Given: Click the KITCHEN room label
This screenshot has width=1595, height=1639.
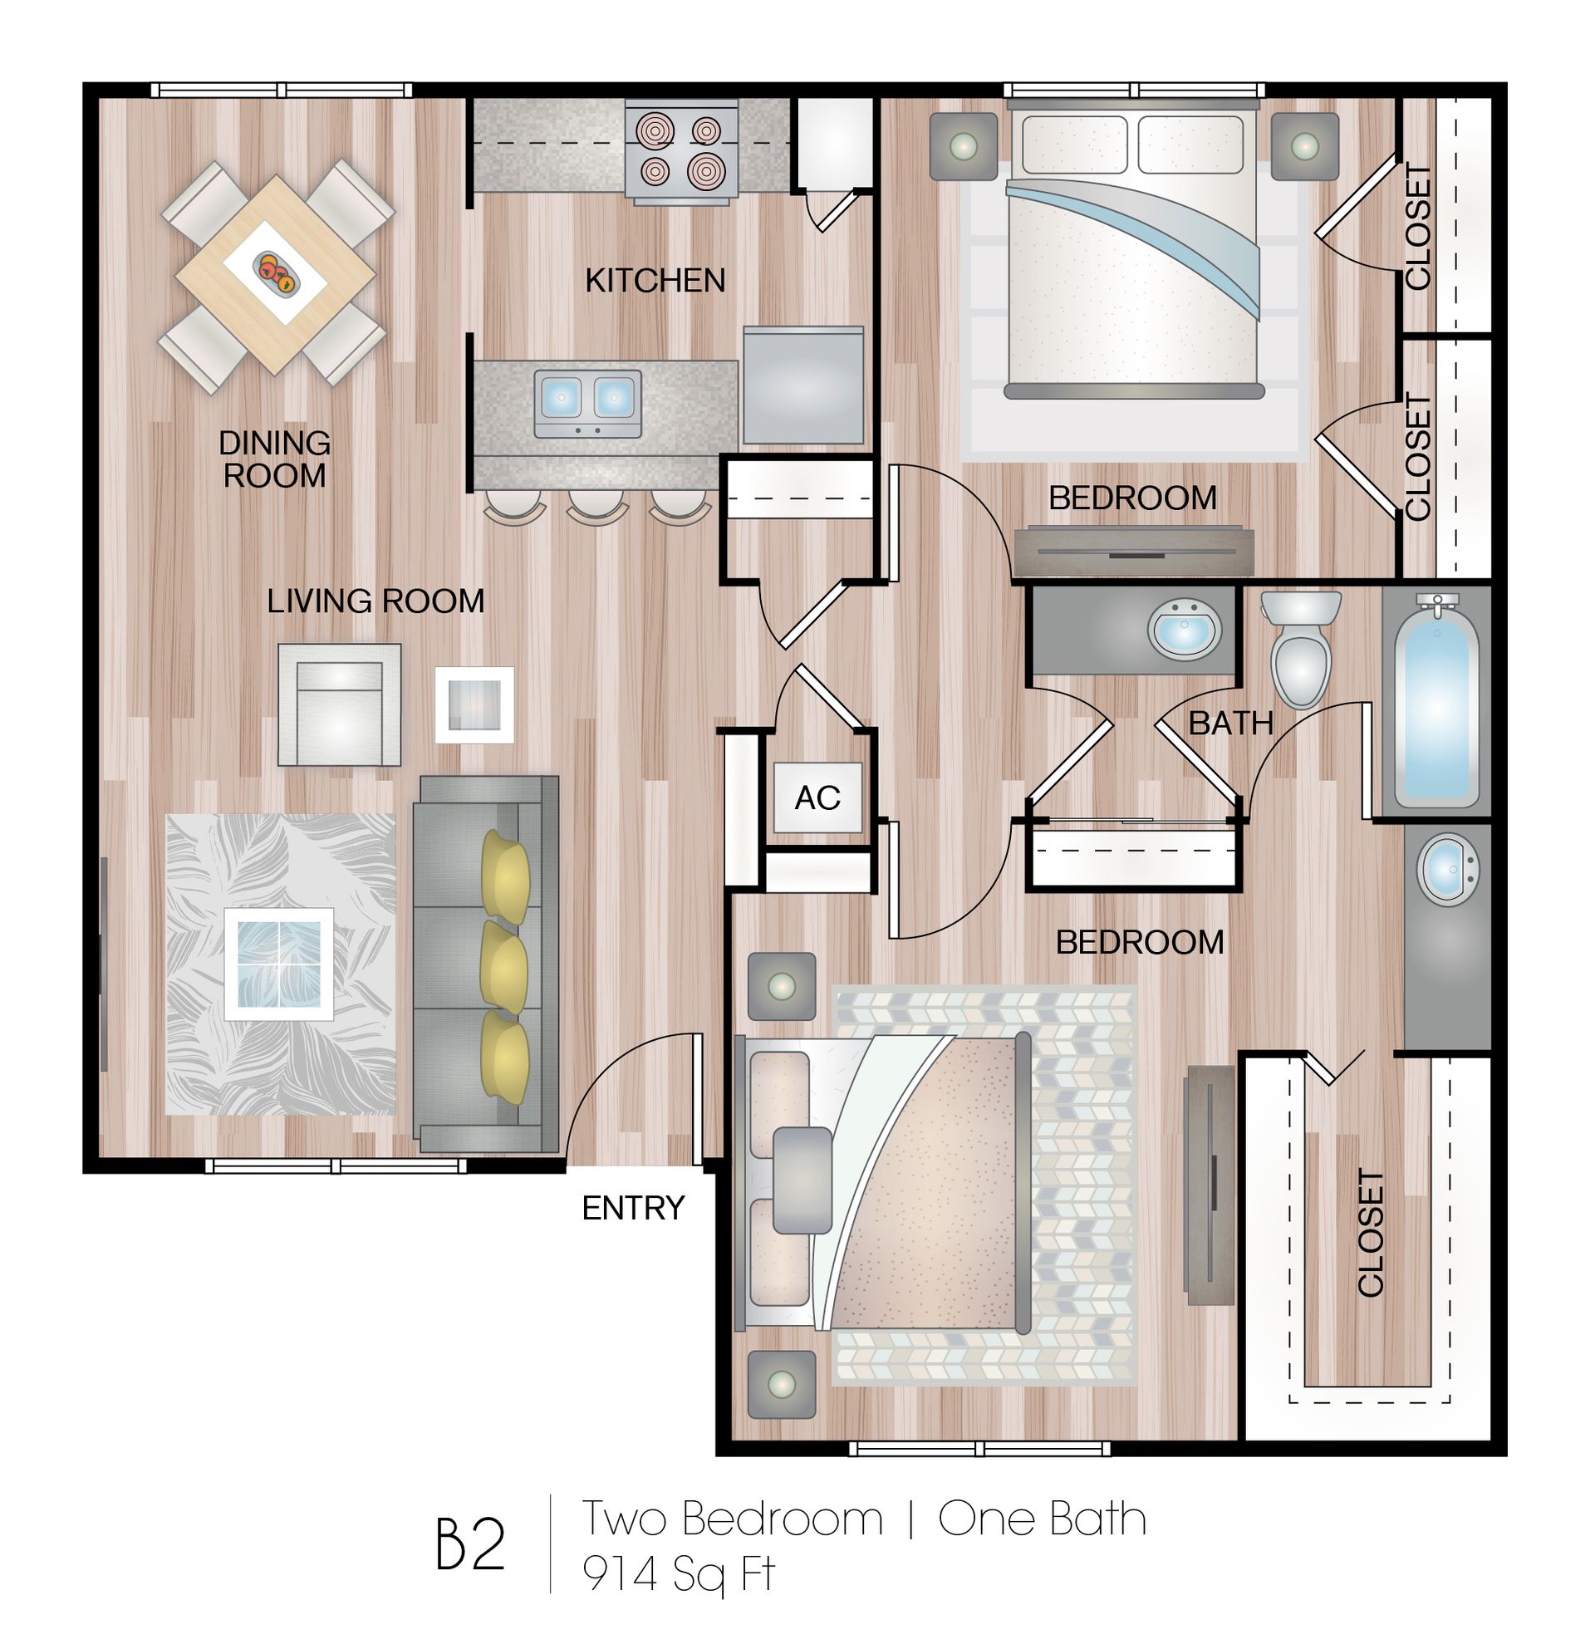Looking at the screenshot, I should point(655,281).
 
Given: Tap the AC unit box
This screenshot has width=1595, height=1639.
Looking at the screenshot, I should point(817,797).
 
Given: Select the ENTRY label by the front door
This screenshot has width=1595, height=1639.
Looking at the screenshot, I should point(632,1208).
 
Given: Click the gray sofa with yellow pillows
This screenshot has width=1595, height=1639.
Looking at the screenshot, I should point(486,963).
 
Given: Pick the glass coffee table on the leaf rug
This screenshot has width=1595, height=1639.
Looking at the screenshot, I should point(279,963).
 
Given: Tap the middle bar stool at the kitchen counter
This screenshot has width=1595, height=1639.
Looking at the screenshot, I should point(596,507).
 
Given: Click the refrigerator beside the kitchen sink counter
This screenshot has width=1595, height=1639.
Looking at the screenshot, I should point(802,385).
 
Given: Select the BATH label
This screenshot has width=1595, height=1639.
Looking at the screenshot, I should point(1229,723).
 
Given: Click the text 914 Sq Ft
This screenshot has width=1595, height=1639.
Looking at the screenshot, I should point(679,1574).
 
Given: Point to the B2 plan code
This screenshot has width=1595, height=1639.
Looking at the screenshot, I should point(470,1545).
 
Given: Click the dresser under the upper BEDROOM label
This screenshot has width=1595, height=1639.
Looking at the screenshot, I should point(1133,550).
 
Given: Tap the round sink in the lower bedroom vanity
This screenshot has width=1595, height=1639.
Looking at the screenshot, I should point(1447,868).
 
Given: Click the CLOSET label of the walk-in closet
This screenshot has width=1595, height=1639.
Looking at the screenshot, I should point(1370,1233).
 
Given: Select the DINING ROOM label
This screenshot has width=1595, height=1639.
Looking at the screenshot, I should point(274,459).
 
